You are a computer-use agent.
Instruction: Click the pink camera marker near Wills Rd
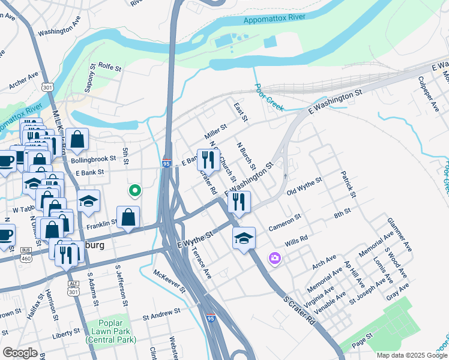[x=274, y=258]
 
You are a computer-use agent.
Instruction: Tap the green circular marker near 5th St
[x=135, y=191]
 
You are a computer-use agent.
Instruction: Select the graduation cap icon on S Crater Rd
[x=244, y=238]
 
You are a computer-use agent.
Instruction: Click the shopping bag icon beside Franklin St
[x=128, y=217]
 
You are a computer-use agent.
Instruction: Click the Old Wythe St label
[x=304, y=186]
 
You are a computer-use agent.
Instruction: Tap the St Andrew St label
[x=161, y=313]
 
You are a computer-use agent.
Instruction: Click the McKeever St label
[x=169, y=281]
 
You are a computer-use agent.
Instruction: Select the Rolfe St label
[x=110, y=66]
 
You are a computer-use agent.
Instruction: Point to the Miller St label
[x=215, y=129]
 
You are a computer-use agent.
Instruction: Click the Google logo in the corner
[x=20, y=353]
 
